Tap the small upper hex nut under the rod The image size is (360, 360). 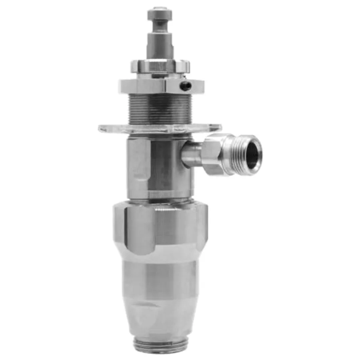pos(160,66)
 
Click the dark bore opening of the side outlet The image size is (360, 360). pos(252,153)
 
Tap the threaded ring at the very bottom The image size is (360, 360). pos(160,344)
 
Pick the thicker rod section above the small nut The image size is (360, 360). pos(160,44)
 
